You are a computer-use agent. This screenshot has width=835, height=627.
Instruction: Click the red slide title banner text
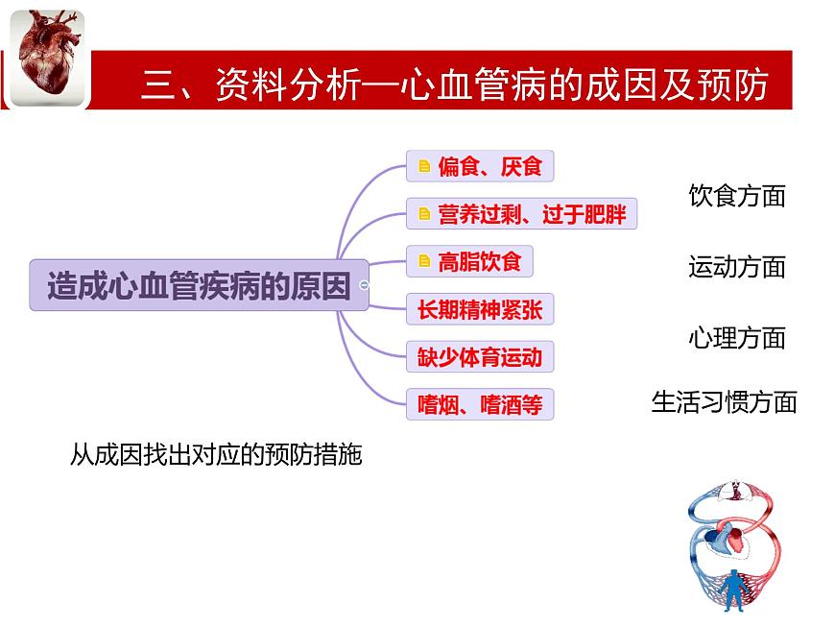(x=454, y=84)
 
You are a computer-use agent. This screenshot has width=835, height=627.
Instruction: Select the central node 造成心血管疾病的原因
(x=199, y=284)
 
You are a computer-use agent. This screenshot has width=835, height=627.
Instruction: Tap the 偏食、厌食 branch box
(x=480, y=166)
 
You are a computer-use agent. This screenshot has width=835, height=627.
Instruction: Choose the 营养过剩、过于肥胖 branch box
(x=521, y=214)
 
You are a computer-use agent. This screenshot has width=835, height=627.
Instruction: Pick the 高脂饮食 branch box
(x=469, y=261)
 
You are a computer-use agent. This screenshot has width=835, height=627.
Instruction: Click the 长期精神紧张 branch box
(x=480, y=309)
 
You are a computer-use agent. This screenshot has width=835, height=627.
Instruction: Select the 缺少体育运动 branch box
(x=480, y=357)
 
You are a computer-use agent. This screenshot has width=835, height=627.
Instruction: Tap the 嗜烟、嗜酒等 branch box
(x=480, y=404)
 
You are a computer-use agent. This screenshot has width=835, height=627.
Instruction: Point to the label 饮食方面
(x=737, y=196)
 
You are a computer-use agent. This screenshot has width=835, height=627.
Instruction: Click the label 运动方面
(x=737, y=267)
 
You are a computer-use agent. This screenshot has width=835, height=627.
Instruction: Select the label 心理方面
(x=737, y=338)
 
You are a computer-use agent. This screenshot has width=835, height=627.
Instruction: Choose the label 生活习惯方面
(x=725, y=401)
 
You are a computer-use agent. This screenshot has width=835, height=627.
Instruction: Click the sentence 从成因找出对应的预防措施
(x=216, y=454)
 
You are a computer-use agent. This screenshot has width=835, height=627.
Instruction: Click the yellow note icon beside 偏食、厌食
(x=423, y=167)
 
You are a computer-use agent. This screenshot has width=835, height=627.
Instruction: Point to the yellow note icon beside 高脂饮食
(x=423, y=261)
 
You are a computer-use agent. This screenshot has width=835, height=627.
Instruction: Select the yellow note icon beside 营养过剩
(x=423, y=214)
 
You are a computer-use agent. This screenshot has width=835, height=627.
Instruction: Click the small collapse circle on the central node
(x=364, y=285)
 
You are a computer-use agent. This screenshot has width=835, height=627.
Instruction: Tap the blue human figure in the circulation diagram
(x=733, y=587)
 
